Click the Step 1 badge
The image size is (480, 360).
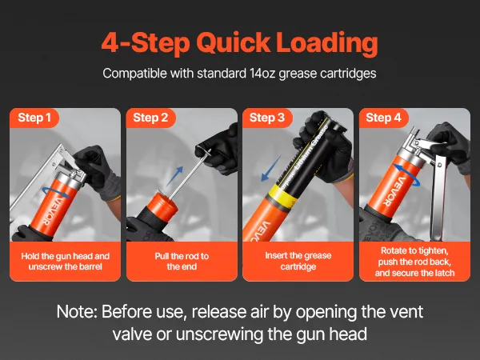click(x=34, y=118)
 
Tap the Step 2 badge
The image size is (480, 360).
click(x=150, y=118)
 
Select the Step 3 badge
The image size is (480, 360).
click(x=267, y=118)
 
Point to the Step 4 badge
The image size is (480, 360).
click(x=383, y=118)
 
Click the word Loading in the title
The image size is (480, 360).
click(x=326, y=43)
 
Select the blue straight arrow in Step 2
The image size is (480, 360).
click(x=174, y=176)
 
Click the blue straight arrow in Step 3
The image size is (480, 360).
click(x=270, y=169)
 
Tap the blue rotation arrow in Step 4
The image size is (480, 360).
click(x=407, y=174)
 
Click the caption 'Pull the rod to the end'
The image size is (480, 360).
click(x=182, y=261)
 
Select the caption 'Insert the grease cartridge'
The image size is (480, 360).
click(x=298, y=261)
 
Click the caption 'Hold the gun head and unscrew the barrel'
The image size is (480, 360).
click(x=66, y=261)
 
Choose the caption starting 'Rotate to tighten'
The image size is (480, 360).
click(x=414, y=262)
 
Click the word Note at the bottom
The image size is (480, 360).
click(x=77, y=312)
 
